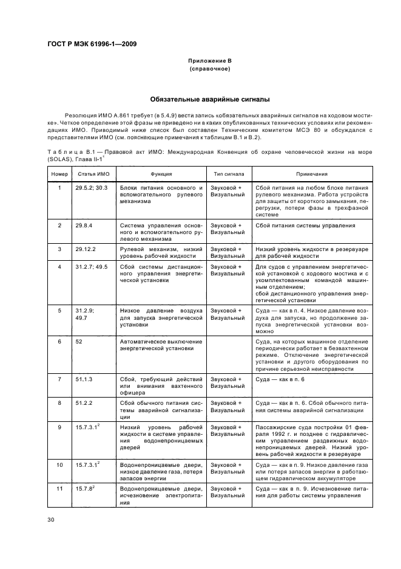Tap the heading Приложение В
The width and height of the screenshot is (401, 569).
pyautogui.click(x=210, y=61)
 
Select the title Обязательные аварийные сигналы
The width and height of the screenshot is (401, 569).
pyautogui.click(x=210, y=99)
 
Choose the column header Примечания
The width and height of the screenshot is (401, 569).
pyautogui.click(x=312, y=173)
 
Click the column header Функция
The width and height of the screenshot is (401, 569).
pyautogui.click(x=161, y=173)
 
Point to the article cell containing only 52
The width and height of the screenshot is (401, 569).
pyautogui.click(x=79, y=341)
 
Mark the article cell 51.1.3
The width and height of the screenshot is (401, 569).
pyautogui.click(x=86, y=379)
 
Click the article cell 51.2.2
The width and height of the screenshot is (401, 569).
pyautogui.click(x=86, y=402)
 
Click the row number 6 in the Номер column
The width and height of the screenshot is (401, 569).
pyautogui.click(x=59, y=341)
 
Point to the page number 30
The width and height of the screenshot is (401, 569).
pyautogui.click(x=52, y=519)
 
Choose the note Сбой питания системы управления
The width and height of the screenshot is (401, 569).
pyautogui.click(x=305, y=226)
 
